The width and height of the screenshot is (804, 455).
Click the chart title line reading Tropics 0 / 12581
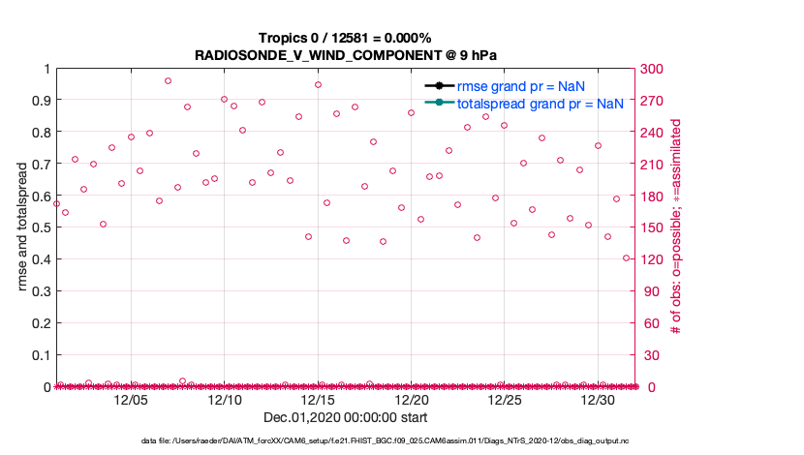tap(345, 38)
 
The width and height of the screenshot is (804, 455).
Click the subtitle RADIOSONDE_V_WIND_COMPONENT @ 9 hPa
tap(345, 54)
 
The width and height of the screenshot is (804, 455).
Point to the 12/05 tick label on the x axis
tap(131, 399)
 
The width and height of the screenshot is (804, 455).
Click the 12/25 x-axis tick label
tap(505, 399)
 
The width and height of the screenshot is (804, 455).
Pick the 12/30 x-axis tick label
tap(598, 399)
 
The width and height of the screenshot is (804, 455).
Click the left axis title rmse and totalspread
tap(21, 227)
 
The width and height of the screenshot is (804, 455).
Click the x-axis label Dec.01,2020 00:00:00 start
tap(345, 417)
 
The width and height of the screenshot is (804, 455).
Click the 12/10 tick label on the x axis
tap(225, 399)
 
